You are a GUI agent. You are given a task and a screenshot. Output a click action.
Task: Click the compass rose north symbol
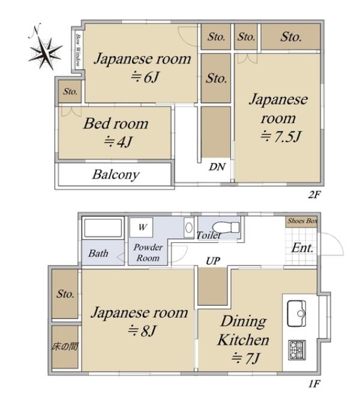pos(45,48)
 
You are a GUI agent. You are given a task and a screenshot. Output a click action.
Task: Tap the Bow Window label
pos(77,50)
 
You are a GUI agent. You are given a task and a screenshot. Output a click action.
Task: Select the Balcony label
pos(116,175)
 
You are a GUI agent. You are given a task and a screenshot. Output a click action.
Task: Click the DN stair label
pos(217,167)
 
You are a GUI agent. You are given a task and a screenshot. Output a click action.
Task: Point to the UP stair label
pos(213,261)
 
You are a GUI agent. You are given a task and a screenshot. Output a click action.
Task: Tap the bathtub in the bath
pos(103,228)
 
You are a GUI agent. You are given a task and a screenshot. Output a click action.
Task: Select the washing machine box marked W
pos(141,227)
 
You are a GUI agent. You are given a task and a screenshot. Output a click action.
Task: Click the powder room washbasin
pos(189,228)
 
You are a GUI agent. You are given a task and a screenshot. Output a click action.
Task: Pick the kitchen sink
pos(296,313)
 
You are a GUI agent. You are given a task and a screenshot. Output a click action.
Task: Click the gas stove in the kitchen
pos(297,350)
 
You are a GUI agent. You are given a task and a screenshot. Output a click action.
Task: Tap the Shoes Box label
pos(302,221)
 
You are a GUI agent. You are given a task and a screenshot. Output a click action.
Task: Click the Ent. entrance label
pos(302,248)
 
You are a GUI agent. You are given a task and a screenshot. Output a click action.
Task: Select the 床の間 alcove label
pos(65,346)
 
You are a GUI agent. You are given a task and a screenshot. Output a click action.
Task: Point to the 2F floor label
pos(314,194)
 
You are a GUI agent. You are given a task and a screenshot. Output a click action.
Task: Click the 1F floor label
pos(314,383)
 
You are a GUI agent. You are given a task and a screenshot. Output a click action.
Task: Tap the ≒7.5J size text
pos(281,137)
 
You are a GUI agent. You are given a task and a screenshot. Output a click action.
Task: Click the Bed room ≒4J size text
pos(118,142)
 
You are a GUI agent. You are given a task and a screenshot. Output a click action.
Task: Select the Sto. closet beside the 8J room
pos(65,294)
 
